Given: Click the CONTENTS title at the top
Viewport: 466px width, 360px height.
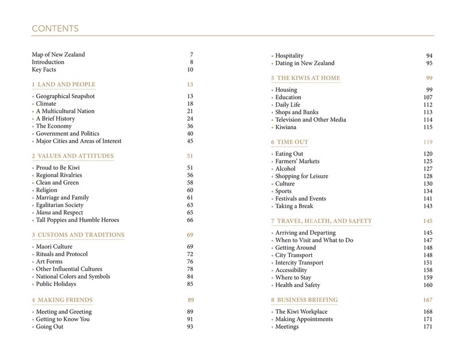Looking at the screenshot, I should (56, 28).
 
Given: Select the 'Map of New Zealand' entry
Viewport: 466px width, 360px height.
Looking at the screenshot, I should (58, 55).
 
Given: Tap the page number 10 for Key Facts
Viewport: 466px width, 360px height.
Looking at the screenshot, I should (190, 70).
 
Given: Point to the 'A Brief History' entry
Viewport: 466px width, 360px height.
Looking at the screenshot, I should (57, 118).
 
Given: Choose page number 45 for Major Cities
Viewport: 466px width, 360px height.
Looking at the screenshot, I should (190, 141).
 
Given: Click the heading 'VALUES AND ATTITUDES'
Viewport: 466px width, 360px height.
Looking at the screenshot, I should (76, 156).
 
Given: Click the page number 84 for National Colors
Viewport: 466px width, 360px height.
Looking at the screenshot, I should (190, 276).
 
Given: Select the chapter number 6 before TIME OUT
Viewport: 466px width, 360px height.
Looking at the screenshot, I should (272, 141).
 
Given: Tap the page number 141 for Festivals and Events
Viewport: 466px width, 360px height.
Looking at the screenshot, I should (427, 198).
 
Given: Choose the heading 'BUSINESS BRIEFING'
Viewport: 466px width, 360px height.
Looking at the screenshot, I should (307, 300).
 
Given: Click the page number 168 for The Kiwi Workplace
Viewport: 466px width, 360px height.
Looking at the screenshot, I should (427, 312).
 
